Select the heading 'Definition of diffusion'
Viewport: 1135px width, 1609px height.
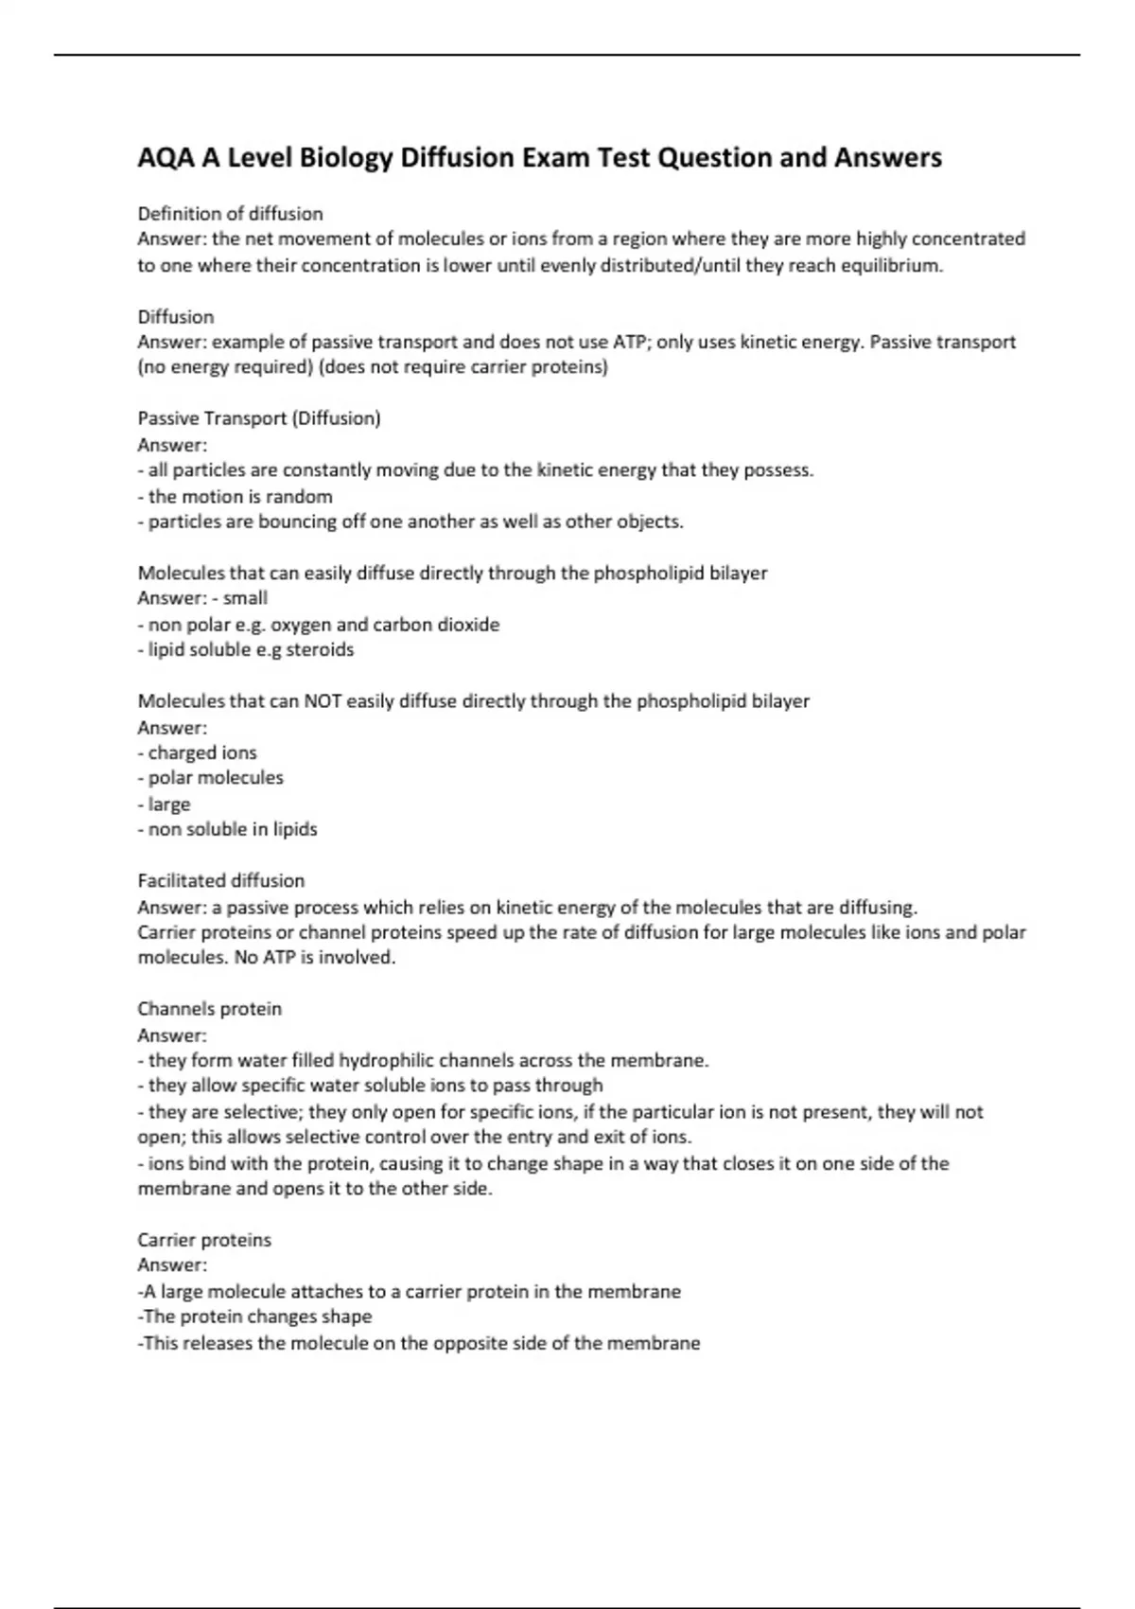[x=230, y=214]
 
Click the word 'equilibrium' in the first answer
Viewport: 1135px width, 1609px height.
[x=891, y=266]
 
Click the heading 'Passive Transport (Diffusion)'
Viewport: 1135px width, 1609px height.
[x=259, y=418]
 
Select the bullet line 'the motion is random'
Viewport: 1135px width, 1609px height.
[x=239, y=497]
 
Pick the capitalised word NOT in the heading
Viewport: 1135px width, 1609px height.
[x=323, y=701]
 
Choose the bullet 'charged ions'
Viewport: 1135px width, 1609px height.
[x=201, y=753]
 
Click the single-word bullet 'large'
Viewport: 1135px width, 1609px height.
[x=168, y=804]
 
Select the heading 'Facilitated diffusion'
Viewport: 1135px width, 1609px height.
[x=221, y=881]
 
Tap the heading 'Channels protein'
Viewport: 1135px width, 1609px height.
[x=210, y=1009]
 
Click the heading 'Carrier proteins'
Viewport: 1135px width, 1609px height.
[x=204, y=1240]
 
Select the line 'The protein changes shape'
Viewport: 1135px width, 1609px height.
[x=256, y=1317]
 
